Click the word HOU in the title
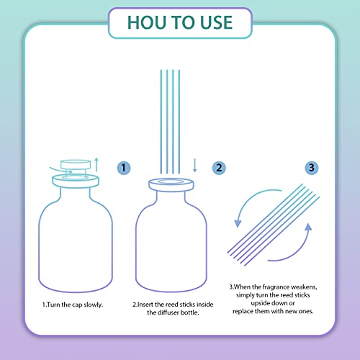[148, 23]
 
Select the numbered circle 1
[124, 168]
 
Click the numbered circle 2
[219, 168]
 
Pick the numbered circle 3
[312, 168]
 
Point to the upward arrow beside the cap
[96, 165]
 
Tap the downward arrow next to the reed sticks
[195, 166]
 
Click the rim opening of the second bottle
[171, 181]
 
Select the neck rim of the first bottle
[76, 181]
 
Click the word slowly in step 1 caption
[93, 305]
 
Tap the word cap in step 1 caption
[77, 305]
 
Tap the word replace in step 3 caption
[243, 312]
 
